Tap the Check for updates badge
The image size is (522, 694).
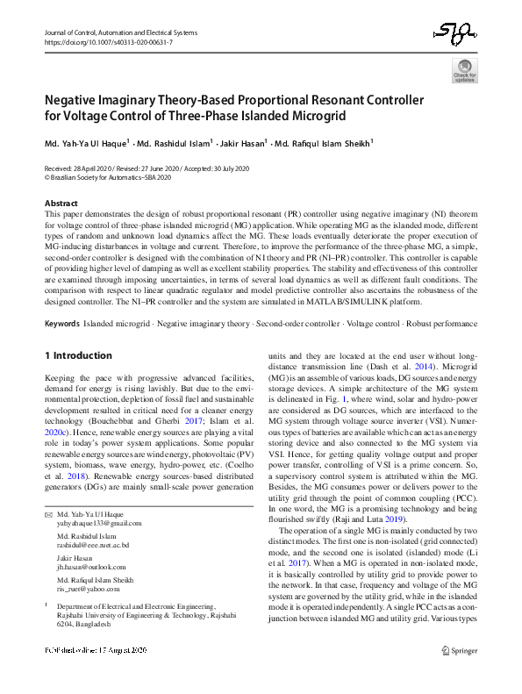coord(464,71)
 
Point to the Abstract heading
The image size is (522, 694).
coord(61,203)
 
